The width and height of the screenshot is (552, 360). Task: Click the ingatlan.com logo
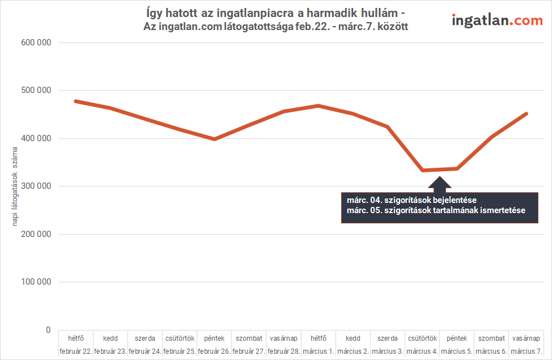497,21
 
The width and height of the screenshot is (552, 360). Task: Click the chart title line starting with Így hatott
275,13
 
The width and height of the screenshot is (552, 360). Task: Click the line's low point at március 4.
423,170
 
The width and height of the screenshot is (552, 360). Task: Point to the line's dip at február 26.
214,139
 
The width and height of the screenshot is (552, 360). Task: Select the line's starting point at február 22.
76,101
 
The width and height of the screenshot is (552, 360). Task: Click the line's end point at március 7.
526,114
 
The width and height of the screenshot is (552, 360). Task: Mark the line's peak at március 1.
319,105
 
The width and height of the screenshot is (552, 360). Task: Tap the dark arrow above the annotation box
439,183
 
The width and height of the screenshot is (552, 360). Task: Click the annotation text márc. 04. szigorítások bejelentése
412,200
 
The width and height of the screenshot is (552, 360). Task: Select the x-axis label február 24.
145,351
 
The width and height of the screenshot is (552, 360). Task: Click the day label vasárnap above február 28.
284,338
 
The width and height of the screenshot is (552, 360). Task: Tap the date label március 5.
457,351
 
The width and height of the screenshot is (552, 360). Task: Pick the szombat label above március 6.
491,338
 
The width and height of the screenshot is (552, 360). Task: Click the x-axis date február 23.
111,351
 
